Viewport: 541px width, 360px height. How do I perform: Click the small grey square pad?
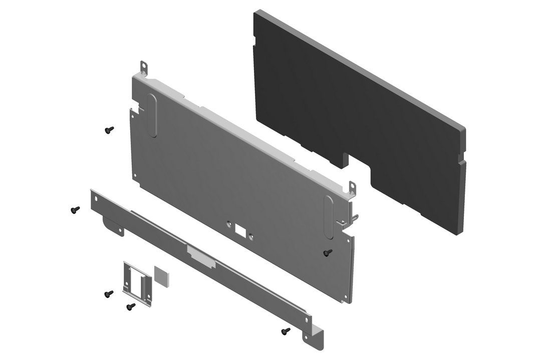click(161, 276)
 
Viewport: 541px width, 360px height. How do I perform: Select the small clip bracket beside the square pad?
click(136, 284)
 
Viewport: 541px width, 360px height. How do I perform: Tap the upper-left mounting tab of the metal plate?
click(144, 67)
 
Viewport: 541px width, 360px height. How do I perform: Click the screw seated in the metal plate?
click(327, 252)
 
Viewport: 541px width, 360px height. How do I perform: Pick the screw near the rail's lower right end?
click(286, 331)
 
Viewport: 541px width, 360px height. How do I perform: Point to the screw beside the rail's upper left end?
click(75, 210)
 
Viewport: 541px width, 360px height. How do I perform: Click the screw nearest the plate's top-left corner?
click(108, 130)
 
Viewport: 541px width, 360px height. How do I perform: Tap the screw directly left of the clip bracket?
click(108, 294)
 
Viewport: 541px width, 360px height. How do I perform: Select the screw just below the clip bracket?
click(131, 306)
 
